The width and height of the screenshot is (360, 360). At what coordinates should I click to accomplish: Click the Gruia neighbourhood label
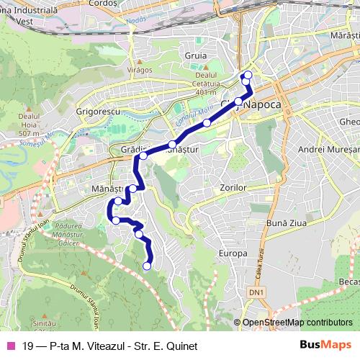tap(195, 55)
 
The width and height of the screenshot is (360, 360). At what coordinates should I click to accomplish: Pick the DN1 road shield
tap(257, 292)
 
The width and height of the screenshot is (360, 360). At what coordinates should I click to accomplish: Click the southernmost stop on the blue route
tap(147, 266)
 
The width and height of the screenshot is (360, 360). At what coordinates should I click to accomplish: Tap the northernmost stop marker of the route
tap(248, 75)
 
